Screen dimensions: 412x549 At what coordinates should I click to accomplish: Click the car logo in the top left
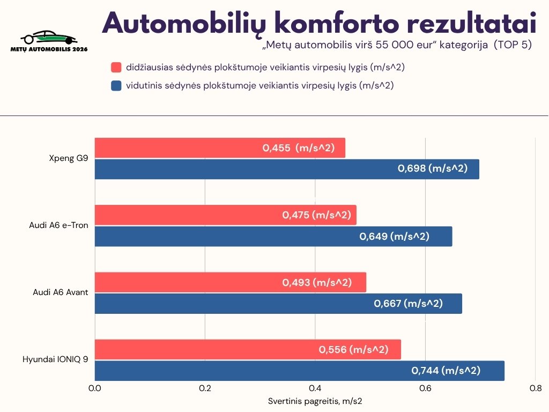(49, 39)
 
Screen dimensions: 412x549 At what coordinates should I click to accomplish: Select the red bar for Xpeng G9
(220, 148)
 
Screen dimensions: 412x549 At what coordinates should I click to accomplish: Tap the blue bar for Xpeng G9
(287, 169)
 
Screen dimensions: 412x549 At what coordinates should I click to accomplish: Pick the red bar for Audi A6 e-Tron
(225, 215)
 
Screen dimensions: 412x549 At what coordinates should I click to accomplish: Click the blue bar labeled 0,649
(273, 236)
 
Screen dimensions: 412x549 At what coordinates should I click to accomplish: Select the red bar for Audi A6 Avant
(231, 282)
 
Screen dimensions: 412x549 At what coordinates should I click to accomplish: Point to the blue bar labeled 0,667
(278, 304)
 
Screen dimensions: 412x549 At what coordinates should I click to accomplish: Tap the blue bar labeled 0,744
(300, 370)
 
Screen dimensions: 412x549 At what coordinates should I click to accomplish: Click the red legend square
(116, 68)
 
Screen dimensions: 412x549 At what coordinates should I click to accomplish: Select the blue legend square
(116, 85)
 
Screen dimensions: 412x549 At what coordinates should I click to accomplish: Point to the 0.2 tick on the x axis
(205, 388)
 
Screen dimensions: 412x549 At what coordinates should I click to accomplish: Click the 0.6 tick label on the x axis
(425, 388)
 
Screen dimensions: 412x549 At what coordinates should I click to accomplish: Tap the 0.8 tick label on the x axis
(535, 388)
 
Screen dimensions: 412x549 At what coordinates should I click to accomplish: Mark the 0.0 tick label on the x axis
(95, 388)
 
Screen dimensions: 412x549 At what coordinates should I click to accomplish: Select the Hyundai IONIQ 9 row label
(55, 359)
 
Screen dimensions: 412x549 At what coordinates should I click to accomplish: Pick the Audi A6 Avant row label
(61, 292)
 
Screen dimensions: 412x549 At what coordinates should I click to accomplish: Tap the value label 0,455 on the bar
(277, 148)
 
